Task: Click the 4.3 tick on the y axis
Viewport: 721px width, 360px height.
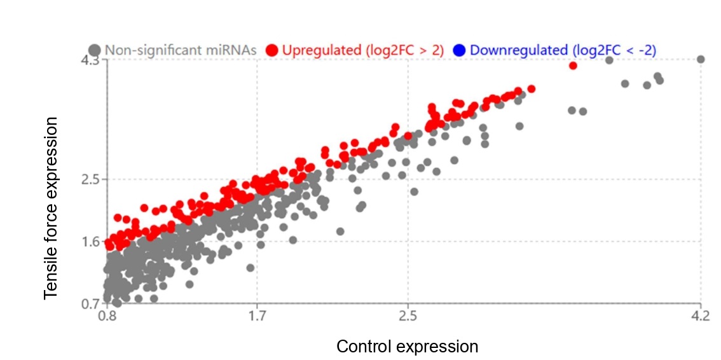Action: click(x=91, y=60)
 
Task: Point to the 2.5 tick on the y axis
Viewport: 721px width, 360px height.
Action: click(x=91, y=179)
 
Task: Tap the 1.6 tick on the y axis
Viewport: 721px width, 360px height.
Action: click(x=91, y=241)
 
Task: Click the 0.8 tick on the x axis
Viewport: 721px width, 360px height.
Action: click(x=107, y=315)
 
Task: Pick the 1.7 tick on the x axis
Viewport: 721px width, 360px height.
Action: click(x=257, y=315)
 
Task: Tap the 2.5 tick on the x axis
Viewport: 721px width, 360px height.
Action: click(x=407, y=315)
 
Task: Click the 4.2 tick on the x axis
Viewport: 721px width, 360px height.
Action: click(x=700, y=315)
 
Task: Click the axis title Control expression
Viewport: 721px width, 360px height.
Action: click(x=407, y=347)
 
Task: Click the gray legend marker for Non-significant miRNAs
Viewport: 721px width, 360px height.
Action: click(x=95, y=50)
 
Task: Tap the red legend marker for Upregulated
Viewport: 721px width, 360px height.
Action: click(x=272, y=50)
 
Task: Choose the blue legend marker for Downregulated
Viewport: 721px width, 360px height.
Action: click(x=460, y=50)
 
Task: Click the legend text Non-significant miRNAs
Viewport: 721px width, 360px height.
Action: click(x=181, y=50)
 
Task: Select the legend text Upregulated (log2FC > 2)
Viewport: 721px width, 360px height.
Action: click(x=362, y=50)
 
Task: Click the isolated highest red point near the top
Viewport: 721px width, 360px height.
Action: click(x=573, y=66)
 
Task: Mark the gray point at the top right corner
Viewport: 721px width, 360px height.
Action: click(x=701, y=59)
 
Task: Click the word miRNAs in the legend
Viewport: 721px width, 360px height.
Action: click(x=235, y=50)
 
